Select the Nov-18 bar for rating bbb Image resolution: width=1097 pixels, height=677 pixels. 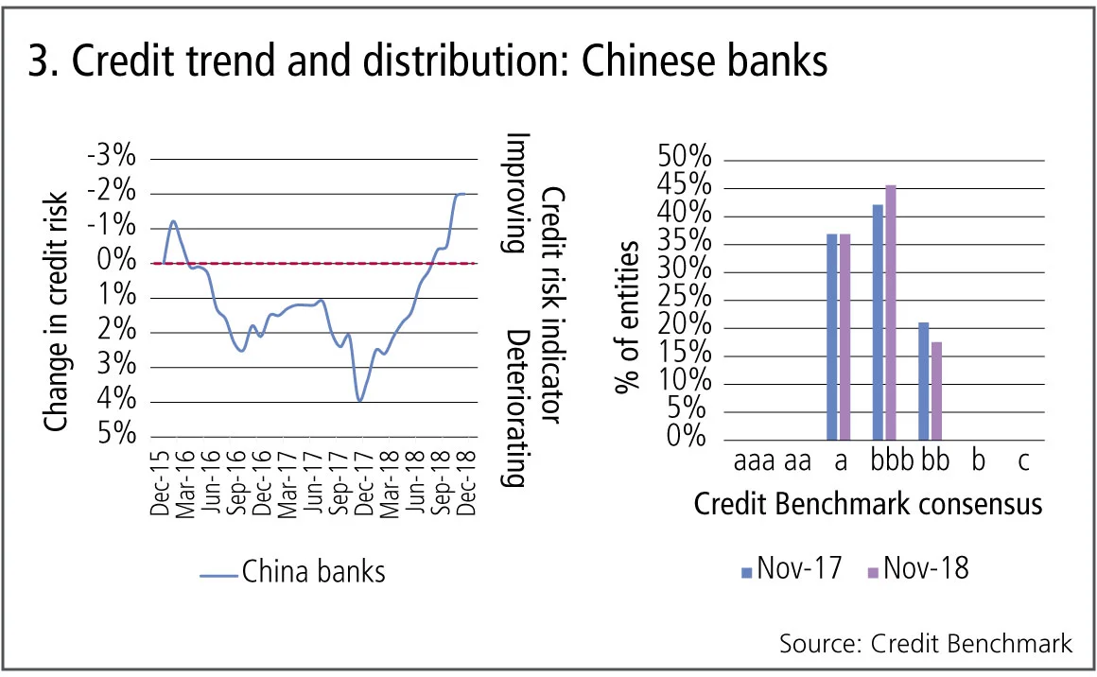(890, 313)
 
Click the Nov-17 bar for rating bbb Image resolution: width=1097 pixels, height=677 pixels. (878, 322)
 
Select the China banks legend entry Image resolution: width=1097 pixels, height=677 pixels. (294, 572)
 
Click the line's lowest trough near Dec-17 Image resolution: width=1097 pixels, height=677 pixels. (360, 401)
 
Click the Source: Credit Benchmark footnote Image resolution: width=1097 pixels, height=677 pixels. (926, 644)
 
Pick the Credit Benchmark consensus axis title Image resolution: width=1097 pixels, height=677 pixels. (868, 503)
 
